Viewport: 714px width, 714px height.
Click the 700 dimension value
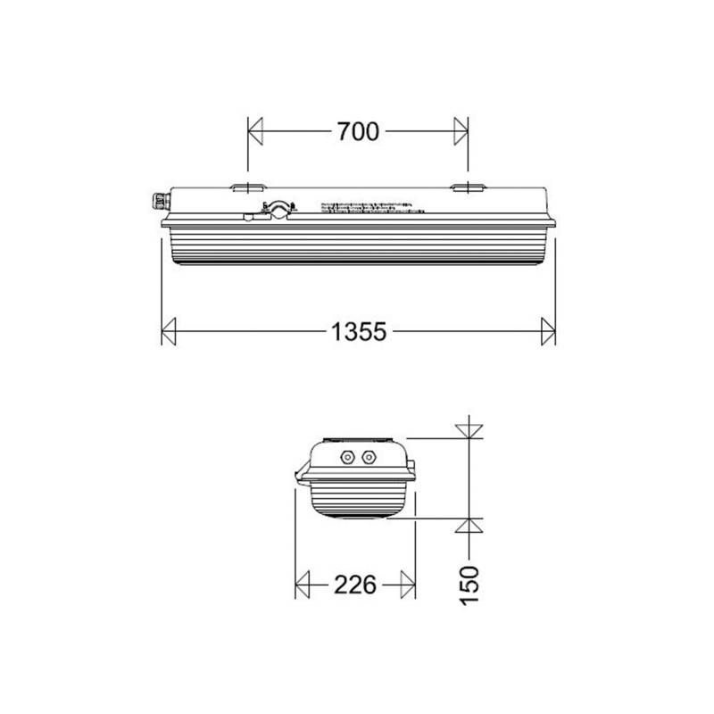pos(358,132)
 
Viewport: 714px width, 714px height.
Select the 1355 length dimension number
pos(358,332)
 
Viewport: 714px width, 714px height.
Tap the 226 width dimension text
pos(354,585)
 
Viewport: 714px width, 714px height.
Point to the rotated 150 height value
pos(471,585)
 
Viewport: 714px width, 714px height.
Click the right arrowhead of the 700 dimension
pos(461,132)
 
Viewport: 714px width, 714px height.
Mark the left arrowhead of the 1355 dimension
pos(169,332)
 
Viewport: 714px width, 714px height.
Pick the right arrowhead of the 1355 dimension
pos(548,332)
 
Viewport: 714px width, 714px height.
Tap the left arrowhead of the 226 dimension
pos(303,585)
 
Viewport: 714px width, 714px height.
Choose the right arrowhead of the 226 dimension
pos(408,585)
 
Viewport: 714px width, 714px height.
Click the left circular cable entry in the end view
pos(346,459)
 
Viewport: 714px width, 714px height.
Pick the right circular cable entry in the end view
pos(367,459)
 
